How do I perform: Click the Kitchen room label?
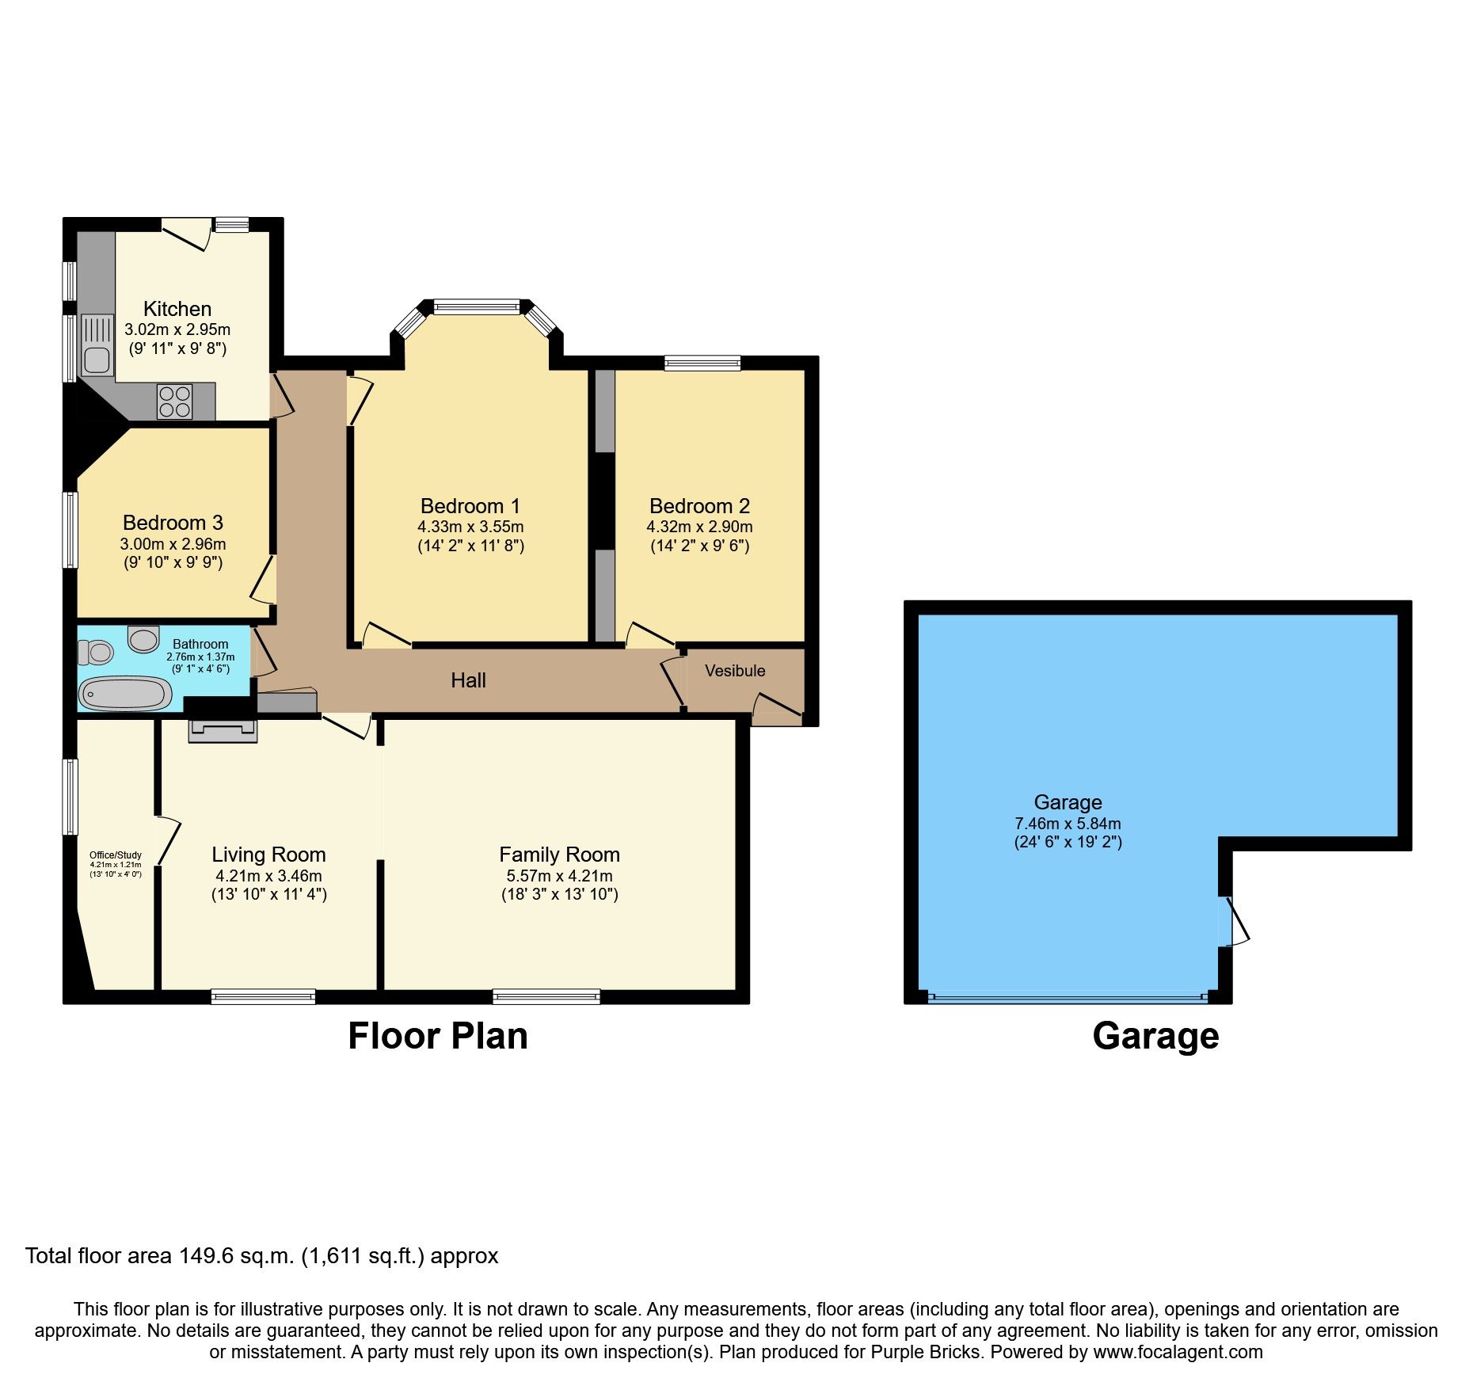pyautogui.click(x=177, y=309)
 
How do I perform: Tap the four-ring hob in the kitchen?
pyautogui.click(x=174, y=402)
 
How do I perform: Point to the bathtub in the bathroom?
pyautogui.click(x=126, y=695)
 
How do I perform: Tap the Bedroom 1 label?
pyautogui.click(x=470, y=506)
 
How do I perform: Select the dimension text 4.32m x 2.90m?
pyautogui.click(x=699, y=527)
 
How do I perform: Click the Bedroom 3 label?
pyautogui.click(x=173, y=523)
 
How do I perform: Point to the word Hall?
pyautogui.click(x=468, y=680)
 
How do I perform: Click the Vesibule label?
pyautogui.click(x=735, y=671)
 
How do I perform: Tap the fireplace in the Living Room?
pyautogui.click(x=223, y=731)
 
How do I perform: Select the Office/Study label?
pyautogui.click(x=116, y=855)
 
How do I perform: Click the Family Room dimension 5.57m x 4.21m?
pyautogui.click(x=559, y=876)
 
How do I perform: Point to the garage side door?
pyautogui.click(x=1228, y=921)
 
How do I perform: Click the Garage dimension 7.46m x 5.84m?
pyautogui.click(x=1068, y=824)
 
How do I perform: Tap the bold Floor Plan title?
pyautogui.click(x=438, y=1036)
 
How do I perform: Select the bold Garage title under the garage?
pyautogui.click(x=1155, y=1036)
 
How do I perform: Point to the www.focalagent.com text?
pyautogui.click(x=1178, y=1352)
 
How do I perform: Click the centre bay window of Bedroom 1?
pyautogui.click(x=476, y=306)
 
